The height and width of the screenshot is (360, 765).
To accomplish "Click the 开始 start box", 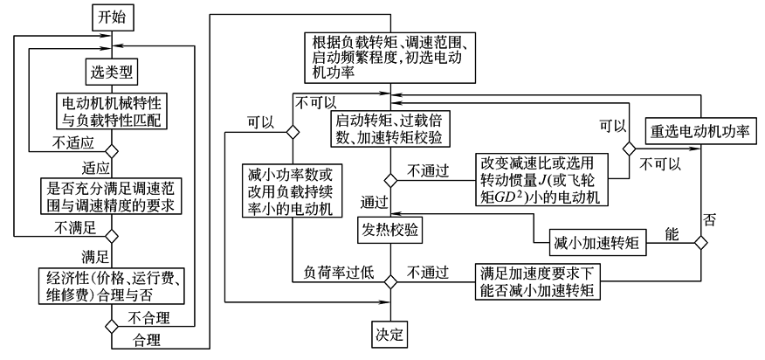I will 110,16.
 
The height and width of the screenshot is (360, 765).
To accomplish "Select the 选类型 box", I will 110,68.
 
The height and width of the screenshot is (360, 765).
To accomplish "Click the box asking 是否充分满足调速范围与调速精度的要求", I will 110,197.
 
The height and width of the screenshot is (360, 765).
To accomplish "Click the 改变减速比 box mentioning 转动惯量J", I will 541,180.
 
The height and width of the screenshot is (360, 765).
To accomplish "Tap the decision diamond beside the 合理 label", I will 110,326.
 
